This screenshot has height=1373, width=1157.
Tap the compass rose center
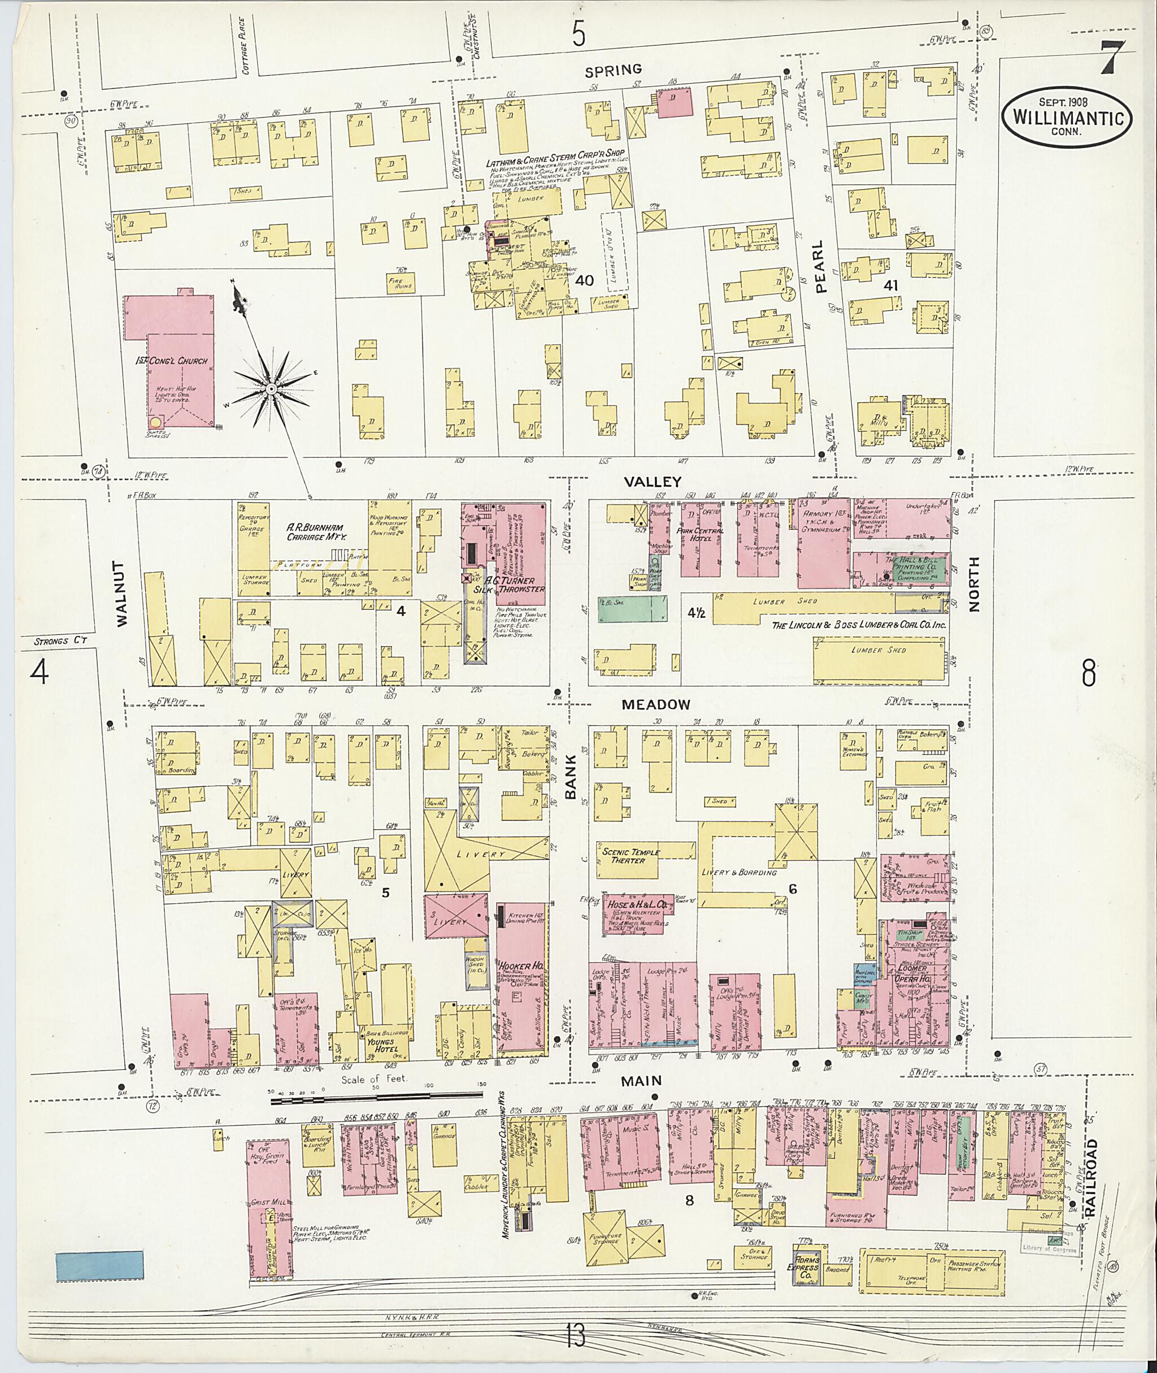[x=270, y=390]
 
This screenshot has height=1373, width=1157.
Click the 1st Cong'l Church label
[x=172, y=361]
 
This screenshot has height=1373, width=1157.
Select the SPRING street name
[x=614, y=70]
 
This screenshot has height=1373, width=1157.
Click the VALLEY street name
[x=643, y=481]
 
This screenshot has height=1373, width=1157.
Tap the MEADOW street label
[x=656, y=705]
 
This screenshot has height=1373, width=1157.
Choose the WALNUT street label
[x=123, y=595]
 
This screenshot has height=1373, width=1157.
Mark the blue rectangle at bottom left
[x=99, y=1266]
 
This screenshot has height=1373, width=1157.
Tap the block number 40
[x=584, y=280]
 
